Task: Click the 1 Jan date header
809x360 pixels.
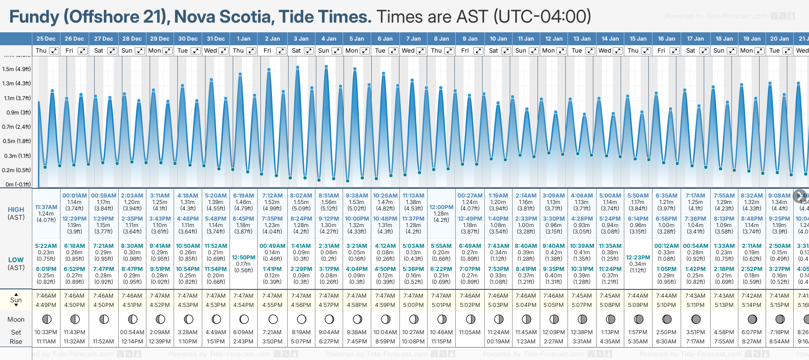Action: pyautogui.click(x=243, y=39)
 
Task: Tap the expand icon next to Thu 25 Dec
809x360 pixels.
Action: pyautogui.click(x=54, y=51)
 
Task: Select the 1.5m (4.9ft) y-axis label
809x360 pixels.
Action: pyautogui.click(x=17, y=69)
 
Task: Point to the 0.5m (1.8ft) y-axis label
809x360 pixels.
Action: pyautogui.click(x=17, y=141)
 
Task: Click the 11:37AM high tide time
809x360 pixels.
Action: pyautogui.click(x=46, y=207)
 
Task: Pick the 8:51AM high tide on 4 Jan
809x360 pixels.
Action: pyautogui.click(x=329, y=196)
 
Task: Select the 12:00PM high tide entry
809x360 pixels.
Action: pyautogui.click(x=441, y=207)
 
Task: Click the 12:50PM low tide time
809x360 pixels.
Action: pyautogui.click(x=243, y=258)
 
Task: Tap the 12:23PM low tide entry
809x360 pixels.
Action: pyautogui.click(x=638, y=258)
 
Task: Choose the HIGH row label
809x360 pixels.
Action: pyautogui.click(x=16, y=210)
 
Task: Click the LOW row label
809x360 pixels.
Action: pyautogui.click(x=16, y=260)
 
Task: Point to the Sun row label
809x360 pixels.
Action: pyautogui.click(x=16, y=300)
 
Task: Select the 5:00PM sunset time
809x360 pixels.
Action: pyautogui.click(x=413, y=305)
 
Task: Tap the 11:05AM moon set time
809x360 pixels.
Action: pyautogui.click(x=470, y=332)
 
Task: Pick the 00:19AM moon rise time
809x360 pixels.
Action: pyautogui.click(x=498, y=342)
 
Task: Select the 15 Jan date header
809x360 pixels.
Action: pyautogui.click(x=639, y=39)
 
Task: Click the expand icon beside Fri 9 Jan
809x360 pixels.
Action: pyautogui.click(x=478, y=51)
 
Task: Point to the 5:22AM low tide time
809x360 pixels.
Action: pyautogui.click(x=46, y=246)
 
